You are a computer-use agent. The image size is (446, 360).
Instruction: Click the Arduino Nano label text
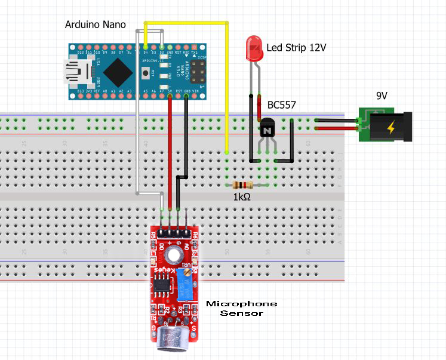pyautogui.click(x=96, y=24)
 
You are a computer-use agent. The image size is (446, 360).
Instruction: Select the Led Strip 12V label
pyautogui.click(x=296, y=47)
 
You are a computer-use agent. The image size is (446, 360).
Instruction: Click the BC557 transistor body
pyautogui.click(x=267, y=127)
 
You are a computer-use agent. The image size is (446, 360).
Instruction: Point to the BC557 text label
pyautogui.click(x=282, y=105)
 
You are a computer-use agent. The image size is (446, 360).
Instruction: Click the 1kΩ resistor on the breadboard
pyautogui.click(x=242, y=186)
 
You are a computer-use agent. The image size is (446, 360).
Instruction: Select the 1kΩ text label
pyautogui.click(x=242, y=196)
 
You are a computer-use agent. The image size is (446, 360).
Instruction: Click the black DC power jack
pyautogui.click(x=391, y=127)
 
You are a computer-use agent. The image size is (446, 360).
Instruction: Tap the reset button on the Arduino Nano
pyautogui.click(x=145, y=73)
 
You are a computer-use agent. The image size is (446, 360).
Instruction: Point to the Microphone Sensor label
pyautogui.click(x=241, y=308)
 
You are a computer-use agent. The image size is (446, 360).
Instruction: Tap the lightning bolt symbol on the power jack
pyautogui.click(x=391, y=127)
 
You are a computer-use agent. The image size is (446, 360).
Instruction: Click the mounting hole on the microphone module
pyautogui.click(x=174, y=256)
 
